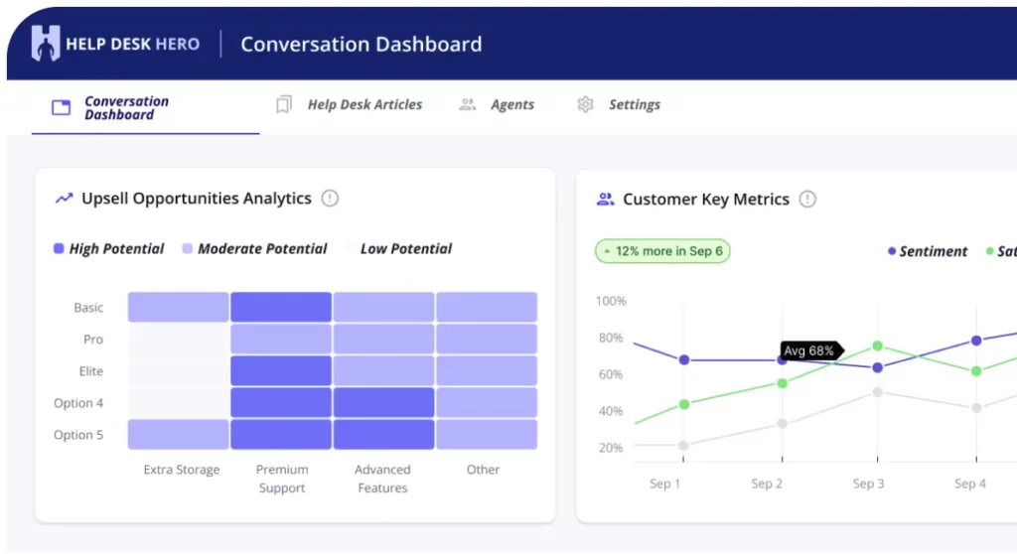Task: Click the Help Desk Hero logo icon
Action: click(46, 44)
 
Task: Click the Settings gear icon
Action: click(585, 104)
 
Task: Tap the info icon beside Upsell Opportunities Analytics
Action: click(330, 199)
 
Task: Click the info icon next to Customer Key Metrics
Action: click(806, 200)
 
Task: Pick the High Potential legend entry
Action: click(108, 249)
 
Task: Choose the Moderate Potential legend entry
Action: click(254, 249)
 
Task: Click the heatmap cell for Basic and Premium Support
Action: click(281, 307)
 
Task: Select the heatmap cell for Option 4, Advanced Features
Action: click(383, 402)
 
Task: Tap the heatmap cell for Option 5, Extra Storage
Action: click(178, 434)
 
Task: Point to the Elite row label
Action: click(90, 371)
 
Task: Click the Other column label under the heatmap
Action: click(484, 470)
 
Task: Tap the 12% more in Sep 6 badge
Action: click(662, 251)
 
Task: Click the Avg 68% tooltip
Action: click(811, 350)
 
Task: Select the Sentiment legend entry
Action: click(928, 252)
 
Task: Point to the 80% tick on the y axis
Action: click(611, 338)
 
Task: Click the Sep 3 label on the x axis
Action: click(868, 484)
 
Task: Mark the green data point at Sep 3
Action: click(878, 346)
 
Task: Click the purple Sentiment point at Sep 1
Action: click(683, 360)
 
